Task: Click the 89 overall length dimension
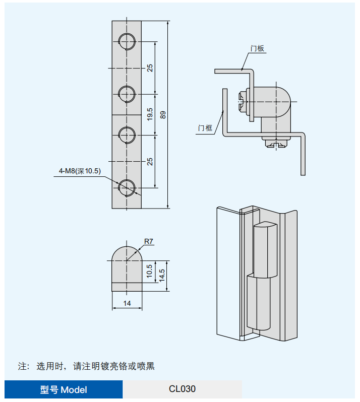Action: click(162, 115)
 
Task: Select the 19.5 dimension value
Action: click(150, 114)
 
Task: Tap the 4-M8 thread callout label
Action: click(80, 171)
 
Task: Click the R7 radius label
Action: click(148, 241)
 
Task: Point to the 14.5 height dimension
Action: click(162, 276)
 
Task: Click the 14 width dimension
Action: click(127, 303)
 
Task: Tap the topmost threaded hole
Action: click(126, 41)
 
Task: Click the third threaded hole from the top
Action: click(126, 134)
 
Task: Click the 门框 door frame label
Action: click(205, 128)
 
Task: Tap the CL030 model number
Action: click(182, 389)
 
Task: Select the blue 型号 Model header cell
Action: click(64, 389)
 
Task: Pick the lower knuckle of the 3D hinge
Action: click(259, 302)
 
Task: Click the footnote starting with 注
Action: click(86, 366)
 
